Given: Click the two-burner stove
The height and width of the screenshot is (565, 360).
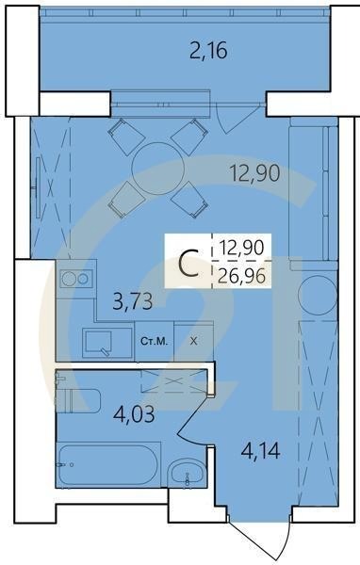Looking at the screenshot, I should click(75, 279).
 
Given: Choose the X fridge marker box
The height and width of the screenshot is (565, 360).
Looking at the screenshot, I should click(194, 341).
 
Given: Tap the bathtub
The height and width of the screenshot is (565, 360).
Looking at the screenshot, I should click(106, 460).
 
